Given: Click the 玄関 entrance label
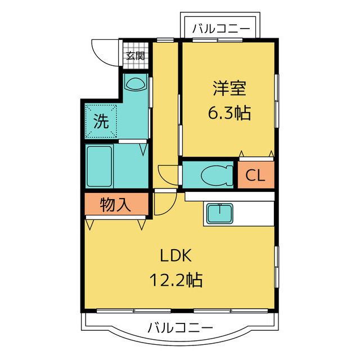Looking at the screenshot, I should (x=135, y=55).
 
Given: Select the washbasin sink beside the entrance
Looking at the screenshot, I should (x=135, y=84).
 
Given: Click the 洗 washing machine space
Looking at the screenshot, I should (x=101, y=121).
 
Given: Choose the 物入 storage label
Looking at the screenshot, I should (x=116, y=205).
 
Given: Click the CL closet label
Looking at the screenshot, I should (x=255, y=175).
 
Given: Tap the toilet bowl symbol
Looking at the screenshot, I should (x=217, y=175).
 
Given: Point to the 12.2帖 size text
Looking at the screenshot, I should (x=176, y=278).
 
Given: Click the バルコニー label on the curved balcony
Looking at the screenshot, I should (x=180, y=327).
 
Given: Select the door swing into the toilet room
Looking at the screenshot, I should (x=168, y=174).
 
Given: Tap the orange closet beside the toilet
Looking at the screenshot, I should (x=255, y=175).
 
